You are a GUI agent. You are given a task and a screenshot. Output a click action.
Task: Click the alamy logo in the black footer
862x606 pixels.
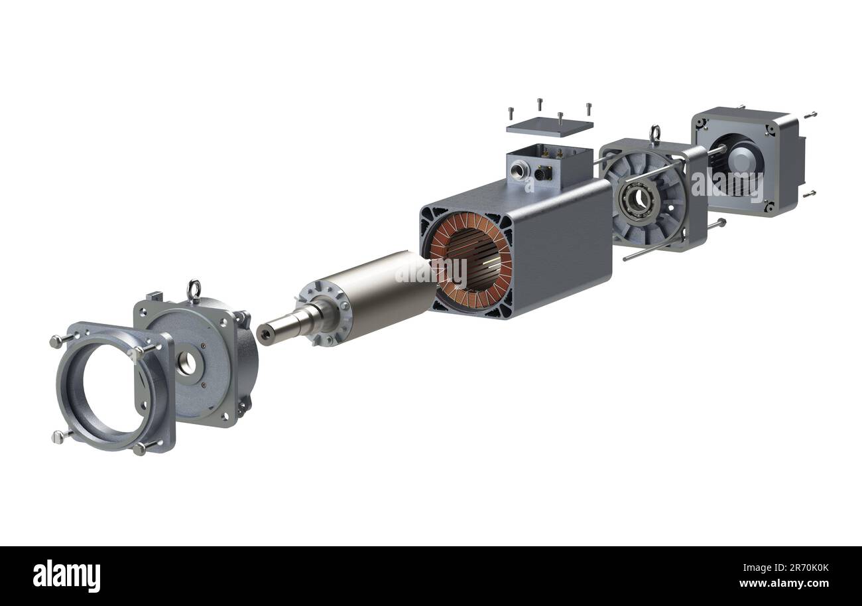(66, 575)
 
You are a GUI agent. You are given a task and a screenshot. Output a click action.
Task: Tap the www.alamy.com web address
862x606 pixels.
(784, 583)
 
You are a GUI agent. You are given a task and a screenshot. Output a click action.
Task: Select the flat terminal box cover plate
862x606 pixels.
(549, 127)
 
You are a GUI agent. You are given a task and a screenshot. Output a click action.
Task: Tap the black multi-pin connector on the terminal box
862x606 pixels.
(541, 173)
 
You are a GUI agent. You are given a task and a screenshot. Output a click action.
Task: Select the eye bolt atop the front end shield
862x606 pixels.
(194, 290)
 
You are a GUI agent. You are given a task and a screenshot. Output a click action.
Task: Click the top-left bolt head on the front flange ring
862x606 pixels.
(56, 341)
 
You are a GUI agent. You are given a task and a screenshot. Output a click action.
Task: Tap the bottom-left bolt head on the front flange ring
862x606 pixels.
(57, 436)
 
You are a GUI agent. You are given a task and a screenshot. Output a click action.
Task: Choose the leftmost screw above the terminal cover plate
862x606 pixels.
(511, 112)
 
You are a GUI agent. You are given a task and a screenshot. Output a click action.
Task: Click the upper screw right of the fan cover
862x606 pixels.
(810, 115)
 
